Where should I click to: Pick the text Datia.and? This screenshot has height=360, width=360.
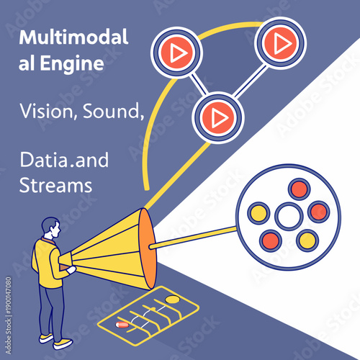click(x=64, y=159)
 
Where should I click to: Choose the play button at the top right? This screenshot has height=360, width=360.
click(x=279, y=43)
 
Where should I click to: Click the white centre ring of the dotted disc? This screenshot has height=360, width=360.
click(x=288, y=215)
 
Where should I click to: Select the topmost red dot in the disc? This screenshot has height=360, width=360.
click(x=297, y=189)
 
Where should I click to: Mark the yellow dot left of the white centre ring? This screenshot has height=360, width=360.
click(x=258, y=213)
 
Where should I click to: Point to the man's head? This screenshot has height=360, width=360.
click(x=49, y=228)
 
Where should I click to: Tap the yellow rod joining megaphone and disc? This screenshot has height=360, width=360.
click(x=194, y=238)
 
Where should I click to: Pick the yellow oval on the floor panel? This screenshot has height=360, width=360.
click(x=173, y=299)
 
